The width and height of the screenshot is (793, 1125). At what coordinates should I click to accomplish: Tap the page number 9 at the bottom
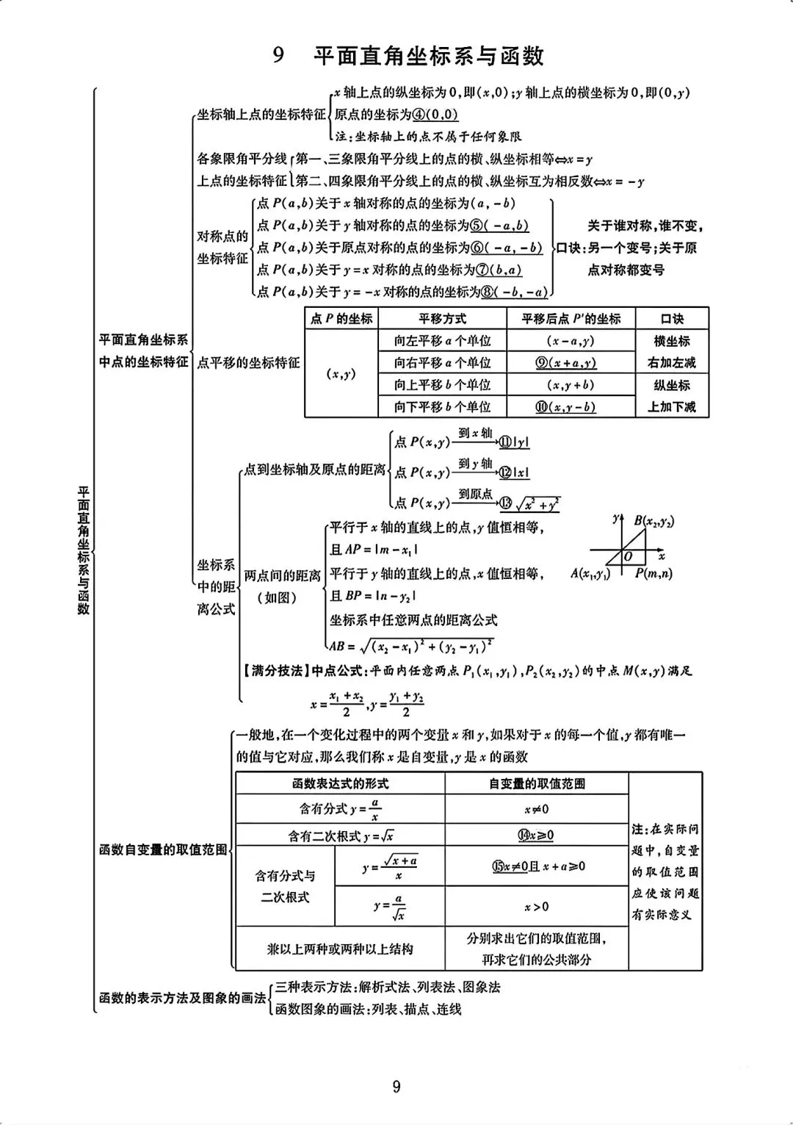396,1087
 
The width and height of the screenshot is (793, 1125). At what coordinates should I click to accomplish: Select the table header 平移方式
442,319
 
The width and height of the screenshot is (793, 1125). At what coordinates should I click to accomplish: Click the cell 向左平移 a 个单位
442,341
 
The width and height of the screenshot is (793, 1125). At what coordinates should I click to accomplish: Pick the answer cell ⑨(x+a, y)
565,363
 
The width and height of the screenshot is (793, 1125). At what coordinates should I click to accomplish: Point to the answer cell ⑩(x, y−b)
565,407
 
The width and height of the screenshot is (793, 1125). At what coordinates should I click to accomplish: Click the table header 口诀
672,319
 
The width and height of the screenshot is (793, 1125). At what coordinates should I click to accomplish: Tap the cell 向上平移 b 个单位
442,385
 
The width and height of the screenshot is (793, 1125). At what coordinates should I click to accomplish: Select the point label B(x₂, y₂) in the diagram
654,521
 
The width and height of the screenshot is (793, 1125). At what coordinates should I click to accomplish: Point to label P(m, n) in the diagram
653,574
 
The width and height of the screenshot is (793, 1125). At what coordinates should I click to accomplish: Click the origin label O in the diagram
627,557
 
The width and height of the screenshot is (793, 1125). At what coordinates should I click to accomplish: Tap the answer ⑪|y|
514,442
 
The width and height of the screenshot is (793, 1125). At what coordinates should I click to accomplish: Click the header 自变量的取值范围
537,784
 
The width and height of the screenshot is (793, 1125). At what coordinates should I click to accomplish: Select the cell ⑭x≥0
537,835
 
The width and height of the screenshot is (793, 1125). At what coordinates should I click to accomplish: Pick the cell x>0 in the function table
537,907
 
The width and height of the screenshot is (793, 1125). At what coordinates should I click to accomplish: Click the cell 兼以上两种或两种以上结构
340,949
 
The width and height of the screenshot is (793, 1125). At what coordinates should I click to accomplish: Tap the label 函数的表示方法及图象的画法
182,998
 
